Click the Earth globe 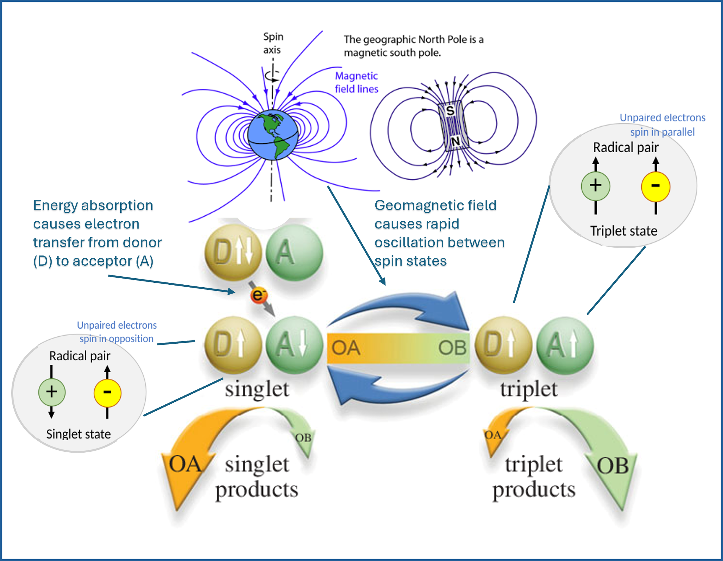272,135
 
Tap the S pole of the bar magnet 450,110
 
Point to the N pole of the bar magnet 455,141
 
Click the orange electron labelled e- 259,295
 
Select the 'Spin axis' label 273,43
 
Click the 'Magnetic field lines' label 356,82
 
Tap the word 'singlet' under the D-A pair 257,389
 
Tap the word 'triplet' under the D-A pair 529,389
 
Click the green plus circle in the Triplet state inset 595,186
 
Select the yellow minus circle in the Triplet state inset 655,186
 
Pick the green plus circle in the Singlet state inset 52,392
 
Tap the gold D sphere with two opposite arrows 233,253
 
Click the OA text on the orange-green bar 346,348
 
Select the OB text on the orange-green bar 452,348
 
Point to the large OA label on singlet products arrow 185,464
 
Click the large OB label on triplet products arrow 613,466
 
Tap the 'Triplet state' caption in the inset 624,231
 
